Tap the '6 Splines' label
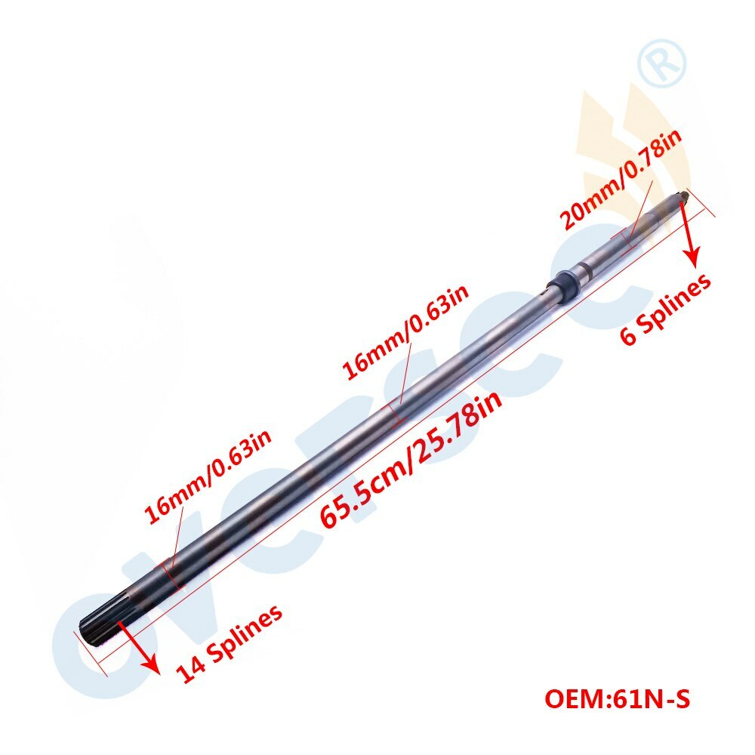coord(665,309)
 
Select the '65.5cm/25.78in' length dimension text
coord(411,458)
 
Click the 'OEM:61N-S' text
coord(618,698)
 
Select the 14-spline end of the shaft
coord(104,621)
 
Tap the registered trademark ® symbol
coord(662,63)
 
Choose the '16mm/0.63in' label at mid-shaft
coord(405,331)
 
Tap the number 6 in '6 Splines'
coord(628,334)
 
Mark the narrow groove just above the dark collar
coord(583,269)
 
